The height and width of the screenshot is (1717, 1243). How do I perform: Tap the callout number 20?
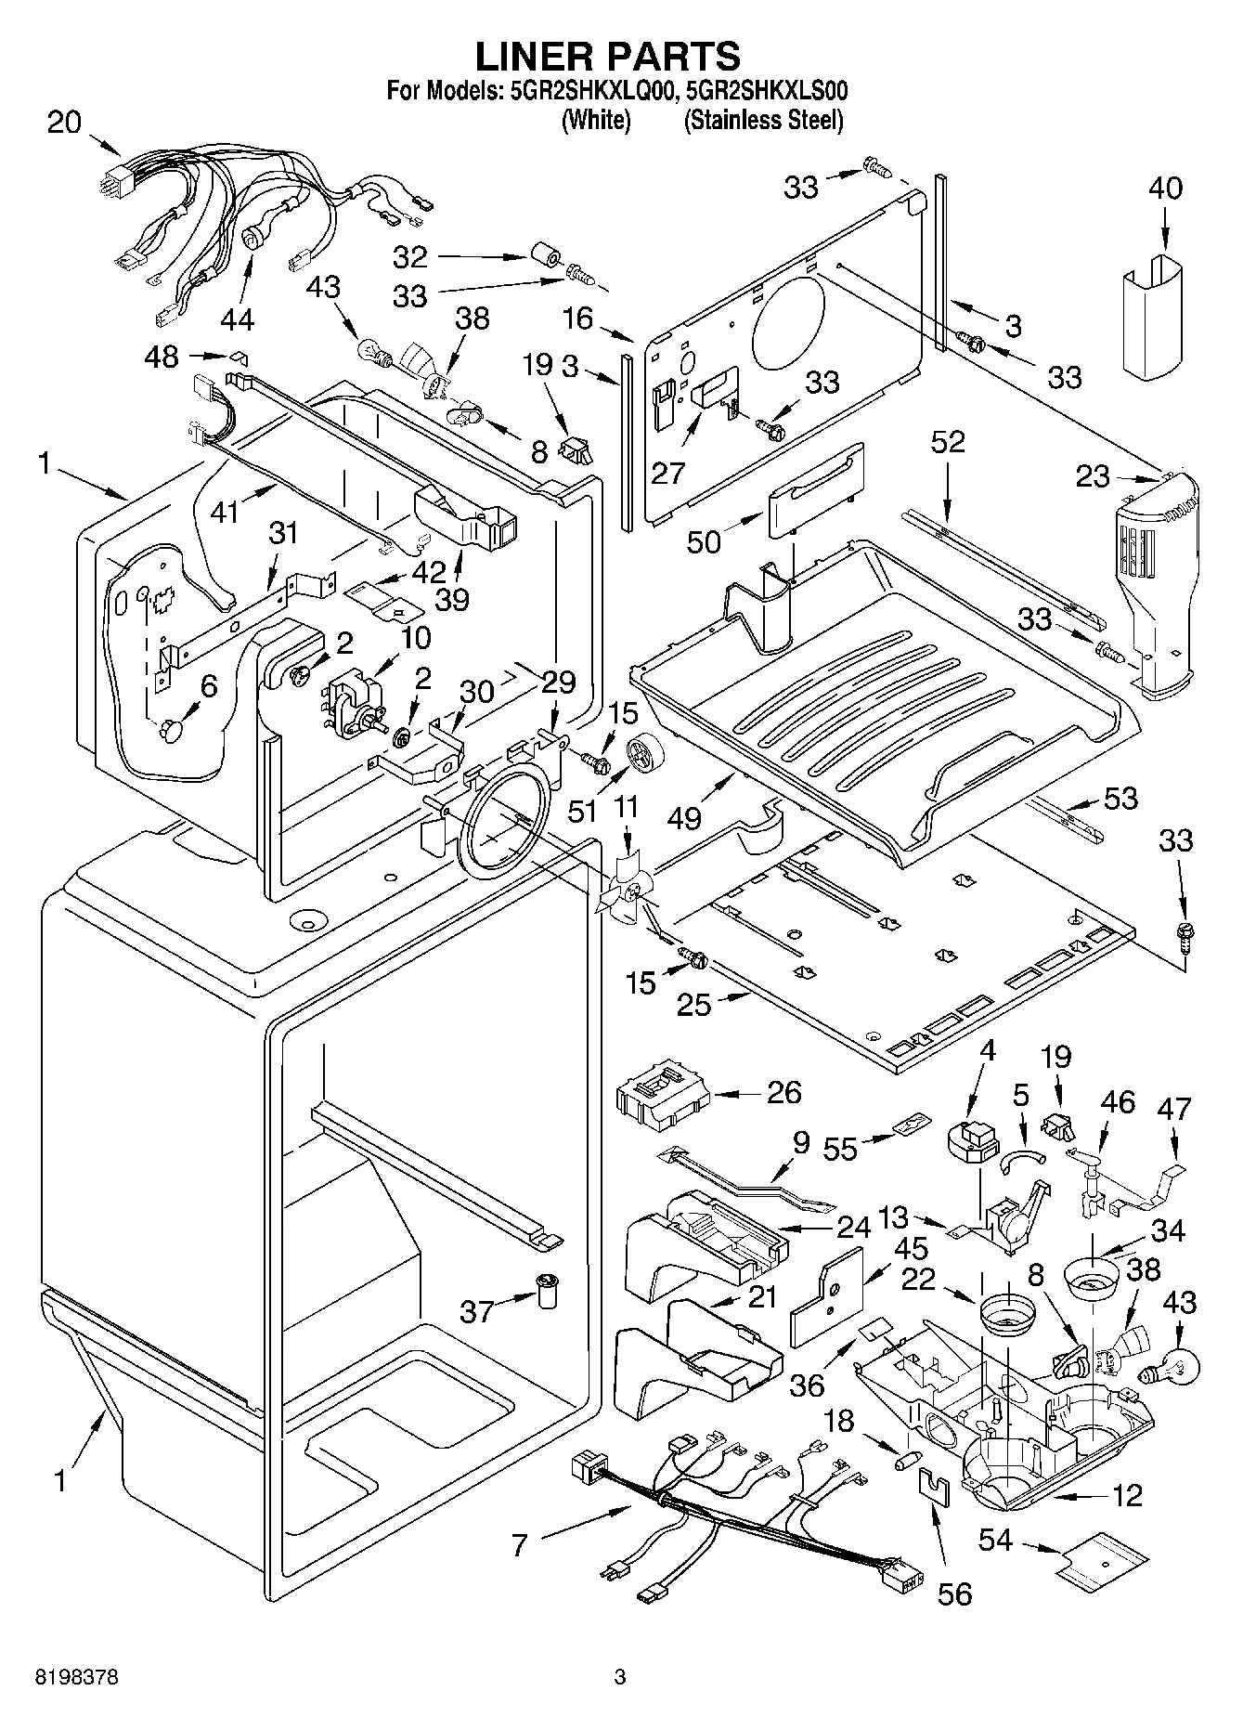[64, 123]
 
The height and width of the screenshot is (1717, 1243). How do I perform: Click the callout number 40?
[1166, 188]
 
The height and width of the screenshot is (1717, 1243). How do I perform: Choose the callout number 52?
[947, 442]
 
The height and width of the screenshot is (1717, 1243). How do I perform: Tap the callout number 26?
[783, 1092]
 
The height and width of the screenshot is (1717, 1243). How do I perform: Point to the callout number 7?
[520, 1545]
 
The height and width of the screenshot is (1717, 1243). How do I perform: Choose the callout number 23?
[1093, 476]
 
